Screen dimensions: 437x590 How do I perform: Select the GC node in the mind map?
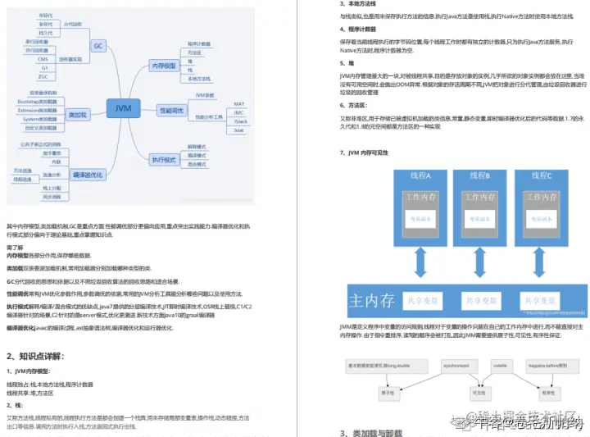click(97, 46)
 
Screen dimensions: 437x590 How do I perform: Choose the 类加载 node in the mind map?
click(78, 114)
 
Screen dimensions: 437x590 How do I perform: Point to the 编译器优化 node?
click(88, 174)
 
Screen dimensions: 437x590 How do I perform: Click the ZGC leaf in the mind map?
click(43, 76)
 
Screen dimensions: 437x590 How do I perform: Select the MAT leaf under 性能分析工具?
click(239, 104)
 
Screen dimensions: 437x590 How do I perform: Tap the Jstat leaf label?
click(239, 130)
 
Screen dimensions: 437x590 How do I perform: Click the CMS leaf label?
click(43, 59)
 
